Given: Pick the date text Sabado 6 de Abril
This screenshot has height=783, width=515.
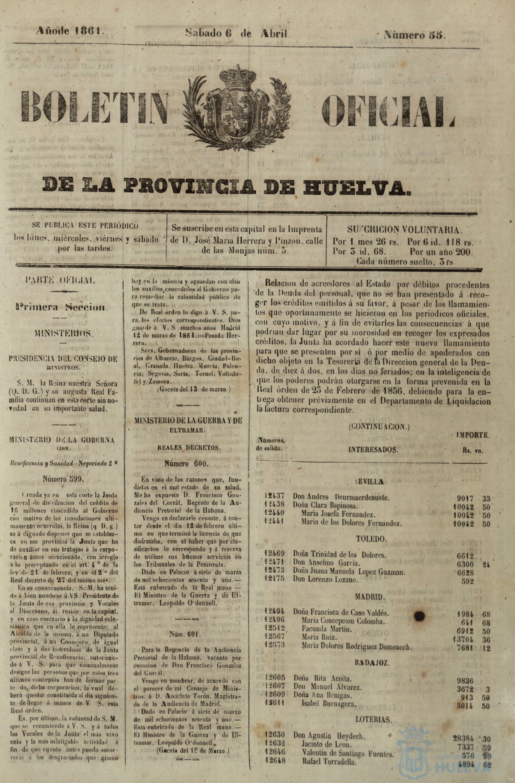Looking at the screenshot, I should [237, 33].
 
